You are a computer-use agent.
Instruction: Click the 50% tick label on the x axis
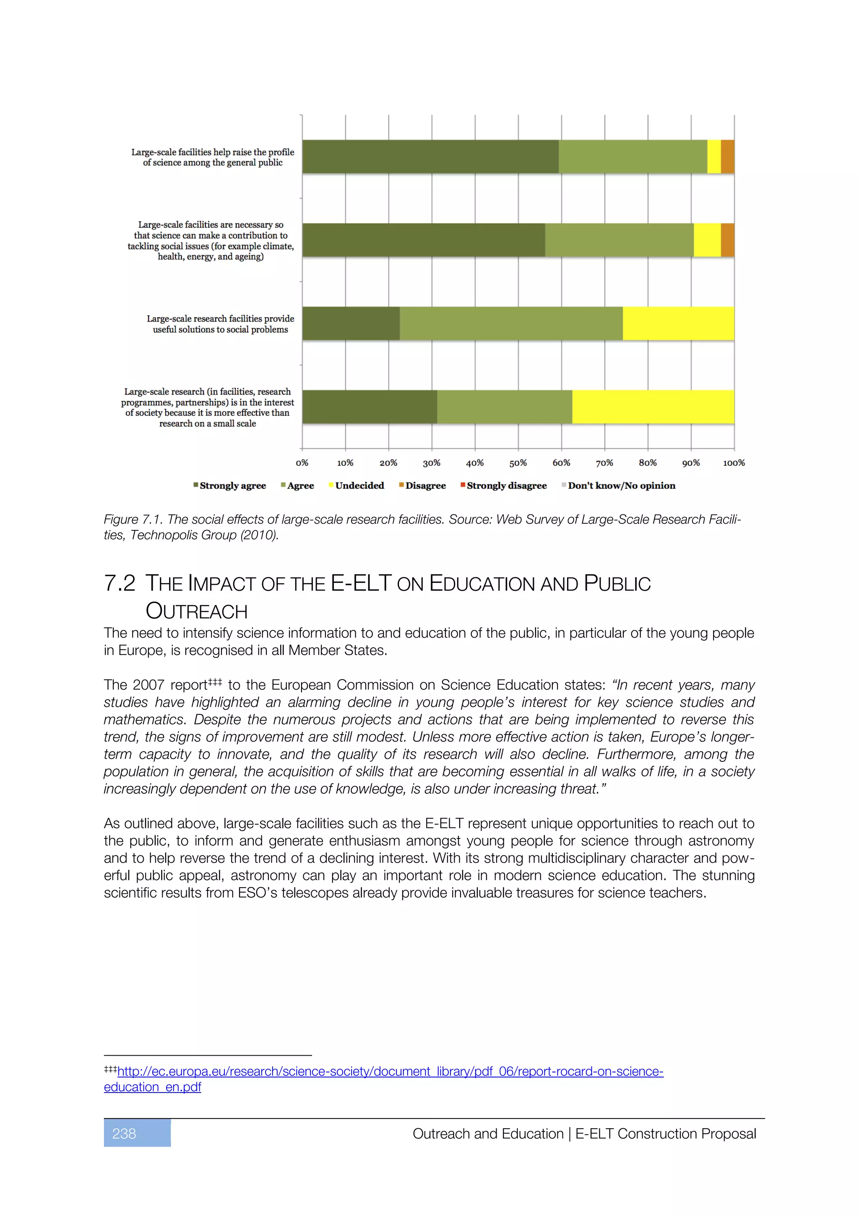pyautogui.click(x=518, y=462)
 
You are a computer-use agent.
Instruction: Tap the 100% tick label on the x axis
pyautogui.click(x=734, y=462)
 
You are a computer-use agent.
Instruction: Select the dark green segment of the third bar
pyautogui.click(x=351, y=323)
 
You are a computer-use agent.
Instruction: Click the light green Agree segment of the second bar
pyautogui.click(x=619, y=240)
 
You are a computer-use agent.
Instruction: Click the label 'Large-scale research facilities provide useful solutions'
pyautogui.click(x=220, y=324)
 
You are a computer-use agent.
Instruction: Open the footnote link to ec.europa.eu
pyautogui.click(x=390, y=1071)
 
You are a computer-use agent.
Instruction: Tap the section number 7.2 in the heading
pyautogui.click(x=120, y=583)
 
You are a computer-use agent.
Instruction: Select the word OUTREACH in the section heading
pyautogui.click(x=196, y=611)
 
